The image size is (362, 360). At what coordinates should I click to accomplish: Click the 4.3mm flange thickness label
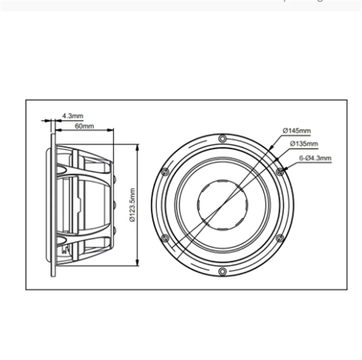(x=73, y=116)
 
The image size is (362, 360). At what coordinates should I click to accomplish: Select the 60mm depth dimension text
(x=84, y=126)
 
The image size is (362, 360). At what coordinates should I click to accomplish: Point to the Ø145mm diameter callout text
(x=296, y=131)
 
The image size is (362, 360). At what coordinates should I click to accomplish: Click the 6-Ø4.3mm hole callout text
(x=315, y=158)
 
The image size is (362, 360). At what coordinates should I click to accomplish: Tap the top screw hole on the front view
(x=222, y=138)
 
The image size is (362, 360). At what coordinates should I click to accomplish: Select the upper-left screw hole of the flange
(x=165, y=171)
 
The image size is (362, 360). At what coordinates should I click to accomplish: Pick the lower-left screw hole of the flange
(x=165, y=238)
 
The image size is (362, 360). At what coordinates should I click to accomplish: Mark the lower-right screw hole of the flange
(x=279, y=238)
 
